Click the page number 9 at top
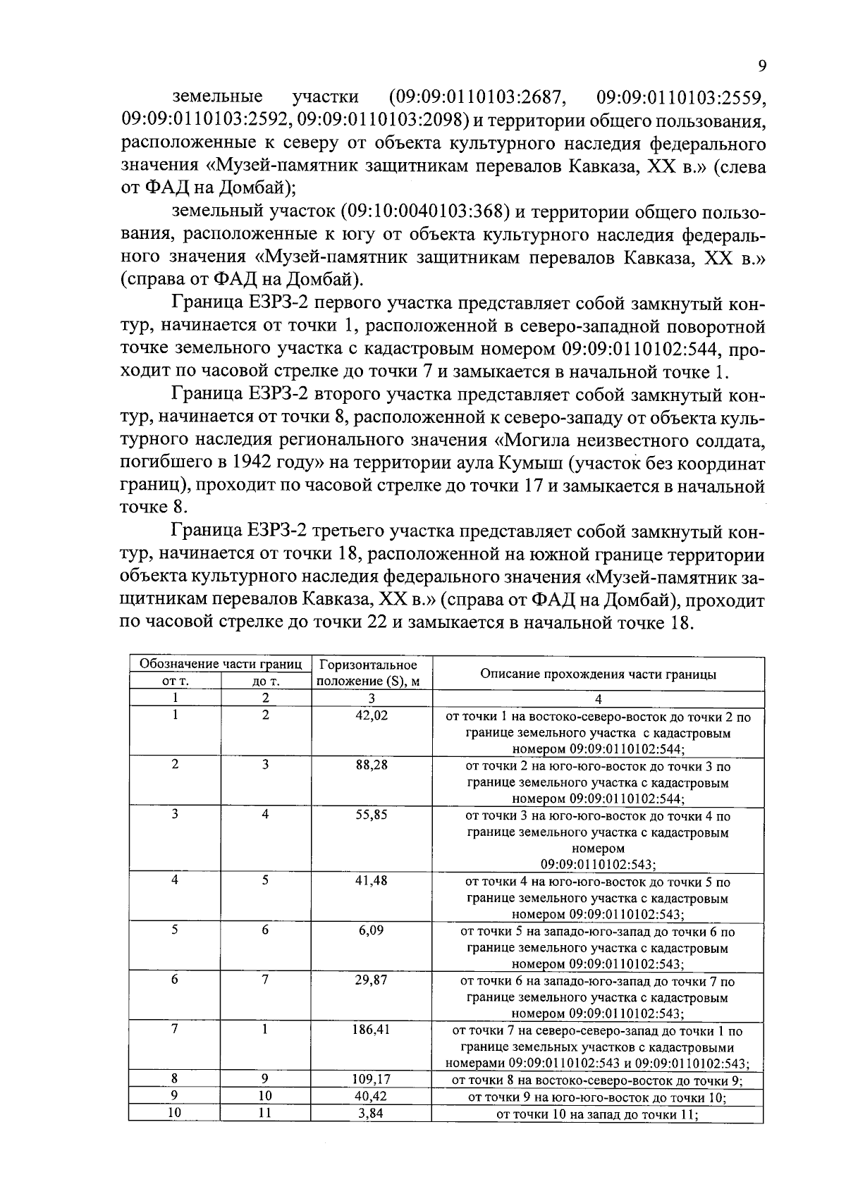[x=761, y=66]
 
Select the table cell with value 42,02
[x=371, y=715]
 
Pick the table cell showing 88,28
[x=371, y=765]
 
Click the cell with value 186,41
[x=371, y=1029]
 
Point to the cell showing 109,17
[x=371, y=1079]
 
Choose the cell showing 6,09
[x=371, y=930]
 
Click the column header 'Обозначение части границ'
[x=221, y=664]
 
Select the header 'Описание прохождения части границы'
[x=598, y=674]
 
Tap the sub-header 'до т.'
[x=266, y=682]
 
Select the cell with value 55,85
[x=371, y=815]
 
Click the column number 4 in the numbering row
[x=598, y=699]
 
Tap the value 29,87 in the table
[x=371, y=980]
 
